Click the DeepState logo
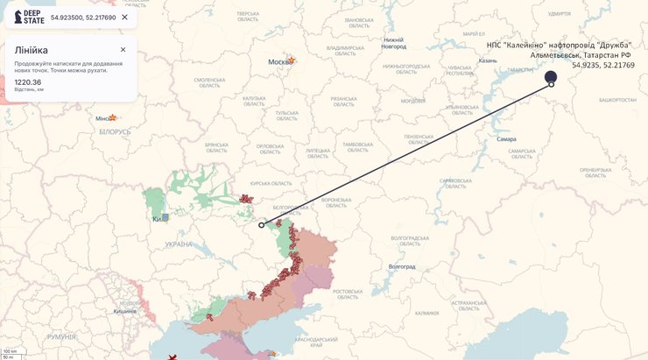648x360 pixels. [29, 17]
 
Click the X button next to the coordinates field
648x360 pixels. [124, 17]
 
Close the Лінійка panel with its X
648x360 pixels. [123, 50]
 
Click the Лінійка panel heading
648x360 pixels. [31, 50]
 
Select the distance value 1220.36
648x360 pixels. [28, 82]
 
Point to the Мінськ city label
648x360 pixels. [104, 118]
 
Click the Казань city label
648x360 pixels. [488, 60]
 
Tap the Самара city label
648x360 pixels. [506, 138]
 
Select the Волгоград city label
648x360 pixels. [402, 266]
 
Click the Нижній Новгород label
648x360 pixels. [393, 43]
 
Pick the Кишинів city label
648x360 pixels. [124, 310]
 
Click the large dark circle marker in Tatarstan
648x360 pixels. [551, 77]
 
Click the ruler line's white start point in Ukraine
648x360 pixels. [261, 225]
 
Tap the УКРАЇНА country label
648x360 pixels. [178, 244]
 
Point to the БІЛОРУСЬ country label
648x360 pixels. [115, 132]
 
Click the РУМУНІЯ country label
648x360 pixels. [61, 336]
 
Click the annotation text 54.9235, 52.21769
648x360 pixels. [602, 65]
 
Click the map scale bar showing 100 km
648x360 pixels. [11, 351]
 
